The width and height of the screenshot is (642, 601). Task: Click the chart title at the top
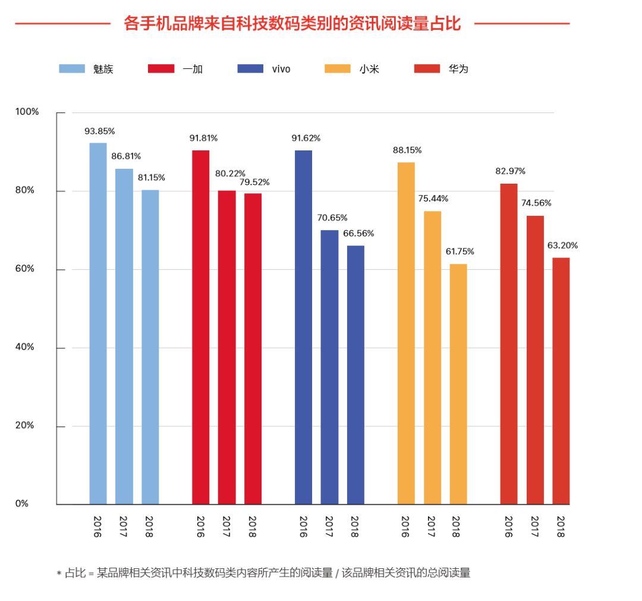[x=292, y=24]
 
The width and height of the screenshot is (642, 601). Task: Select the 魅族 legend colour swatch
[x=72, y=69]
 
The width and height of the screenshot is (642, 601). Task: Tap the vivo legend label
[x=281, y=69]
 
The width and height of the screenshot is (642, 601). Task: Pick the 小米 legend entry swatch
[x=338, y=69]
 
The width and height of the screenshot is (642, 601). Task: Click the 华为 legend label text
[x=458, y=69]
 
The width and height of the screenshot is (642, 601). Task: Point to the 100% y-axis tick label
[x=27, y=112]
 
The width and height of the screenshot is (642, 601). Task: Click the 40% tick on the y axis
[x=24, y=347]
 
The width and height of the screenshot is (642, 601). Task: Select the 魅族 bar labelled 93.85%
[x=98, y=323]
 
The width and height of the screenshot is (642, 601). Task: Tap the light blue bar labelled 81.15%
[x=150, y=347]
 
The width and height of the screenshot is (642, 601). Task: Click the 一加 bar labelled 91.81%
[x=200, y=327]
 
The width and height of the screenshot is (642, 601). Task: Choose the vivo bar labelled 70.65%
[x=329, y=367]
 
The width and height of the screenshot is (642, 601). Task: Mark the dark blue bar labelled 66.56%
[x=355, y=375]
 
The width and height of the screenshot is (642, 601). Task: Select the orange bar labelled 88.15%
[x=406, y=333]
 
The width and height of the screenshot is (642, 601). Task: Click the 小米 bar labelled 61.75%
[x=458, y=384]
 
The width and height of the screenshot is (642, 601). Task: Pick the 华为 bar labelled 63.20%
[x=561, y=380]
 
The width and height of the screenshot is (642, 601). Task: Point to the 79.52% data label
[x=254, y=182]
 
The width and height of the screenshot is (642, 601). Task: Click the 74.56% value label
[x=536, y=203]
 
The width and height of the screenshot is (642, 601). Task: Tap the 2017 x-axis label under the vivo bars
[x=329, y=527]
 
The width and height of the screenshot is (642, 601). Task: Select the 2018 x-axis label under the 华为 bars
[x=561, y=527]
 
